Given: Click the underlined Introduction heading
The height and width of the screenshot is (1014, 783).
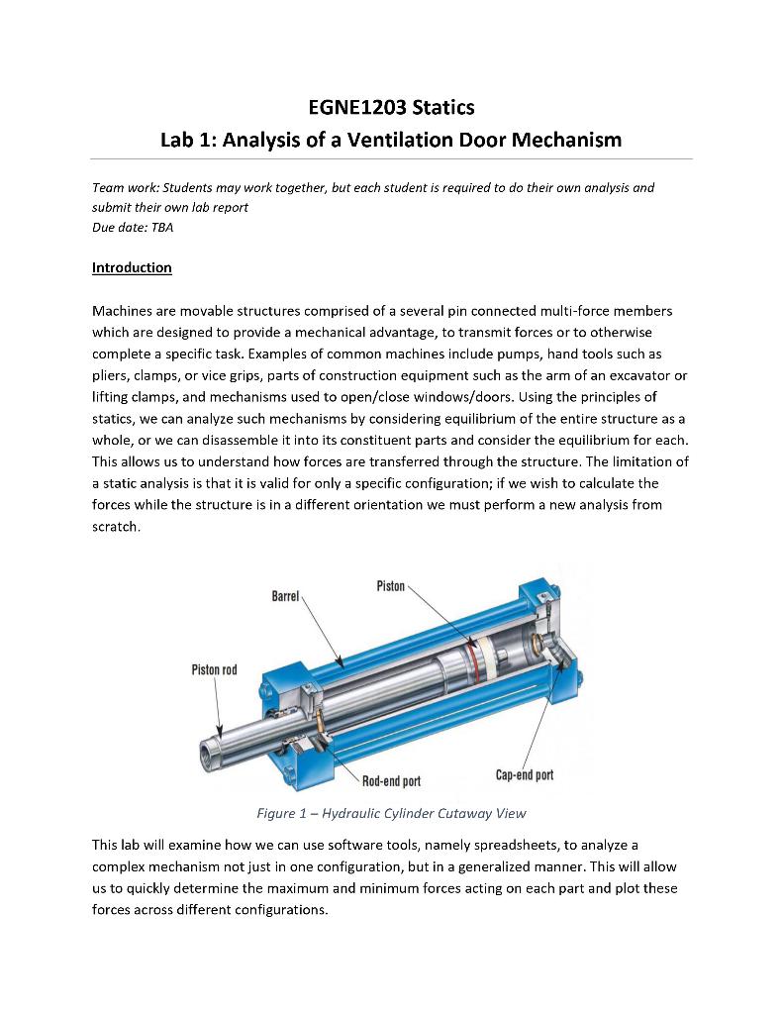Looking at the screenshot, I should (x=132, y=267).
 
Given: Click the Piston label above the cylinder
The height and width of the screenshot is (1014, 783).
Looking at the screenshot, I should (x=390, y=586).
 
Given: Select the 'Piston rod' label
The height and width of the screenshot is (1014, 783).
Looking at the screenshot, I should (x=214, y=670).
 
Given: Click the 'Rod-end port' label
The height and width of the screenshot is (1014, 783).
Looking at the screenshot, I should (x=391, y=781).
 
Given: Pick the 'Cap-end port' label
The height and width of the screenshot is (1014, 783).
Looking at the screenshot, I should (x=524, y=775).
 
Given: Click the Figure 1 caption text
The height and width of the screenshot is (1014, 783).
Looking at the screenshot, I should (x=391, y=814).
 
